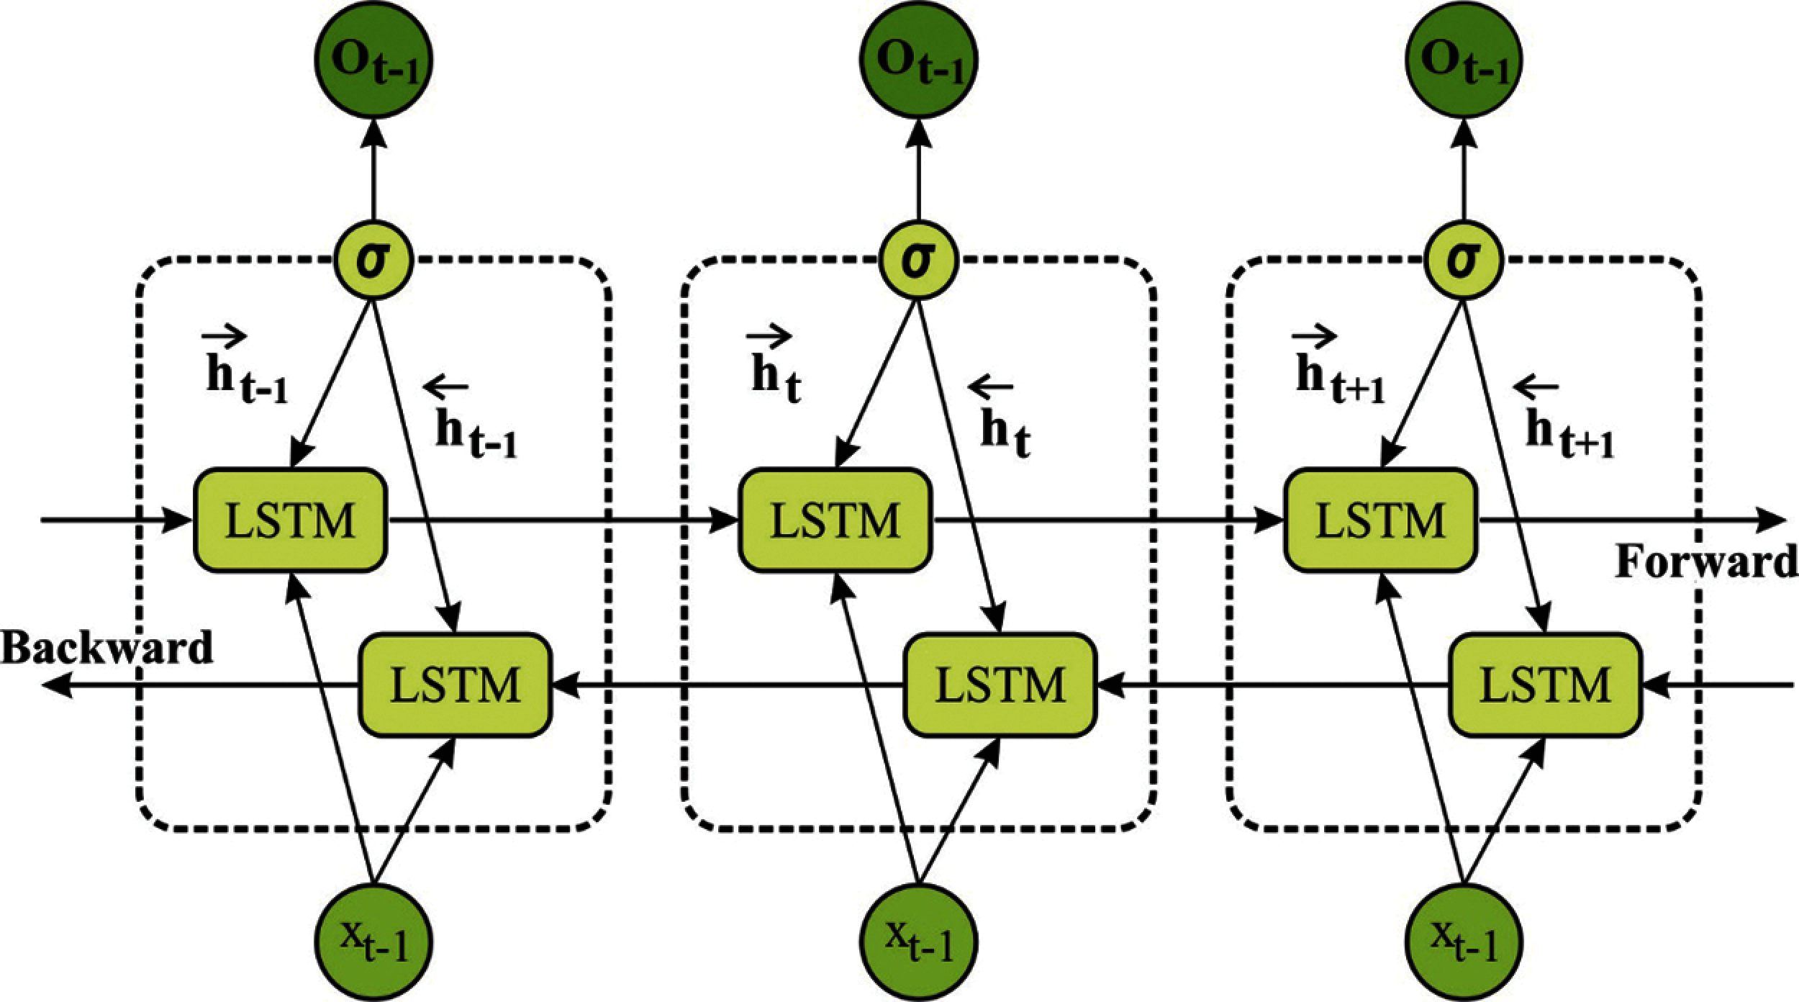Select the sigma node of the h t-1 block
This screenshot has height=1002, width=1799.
tap(373, 261)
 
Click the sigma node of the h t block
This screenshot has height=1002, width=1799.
tap(919, 261)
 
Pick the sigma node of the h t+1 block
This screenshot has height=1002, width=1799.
tap(1464, 261)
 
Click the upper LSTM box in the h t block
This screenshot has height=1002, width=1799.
tap(835, 520)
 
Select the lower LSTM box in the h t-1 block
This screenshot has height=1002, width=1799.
tap(456, 685)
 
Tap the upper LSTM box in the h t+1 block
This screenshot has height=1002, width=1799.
tap(1381, 520)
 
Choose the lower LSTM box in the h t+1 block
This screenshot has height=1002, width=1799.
tap(1545, 685)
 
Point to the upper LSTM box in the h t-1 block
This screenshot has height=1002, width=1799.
tap(291, 520)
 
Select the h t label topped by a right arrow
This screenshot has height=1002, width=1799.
tap(776, 367)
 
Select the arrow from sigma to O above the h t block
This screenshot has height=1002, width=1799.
tap(919, 170)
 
